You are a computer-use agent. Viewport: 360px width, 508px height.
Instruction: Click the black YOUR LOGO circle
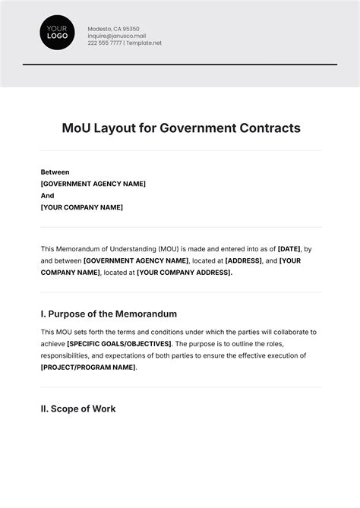58,33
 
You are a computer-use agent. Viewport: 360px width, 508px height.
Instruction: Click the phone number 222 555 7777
104,43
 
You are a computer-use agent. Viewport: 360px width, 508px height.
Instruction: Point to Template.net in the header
144,43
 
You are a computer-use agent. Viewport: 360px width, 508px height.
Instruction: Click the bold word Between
55,172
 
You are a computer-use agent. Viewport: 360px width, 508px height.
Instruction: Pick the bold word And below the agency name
47,196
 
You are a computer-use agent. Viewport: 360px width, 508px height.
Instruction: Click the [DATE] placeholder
289,249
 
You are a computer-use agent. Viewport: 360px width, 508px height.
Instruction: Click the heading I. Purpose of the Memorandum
109,314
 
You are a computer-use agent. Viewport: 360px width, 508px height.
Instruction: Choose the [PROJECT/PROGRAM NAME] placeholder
88,368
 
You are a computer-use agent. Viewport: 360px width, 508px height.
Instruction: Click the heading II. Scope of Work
78,409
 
